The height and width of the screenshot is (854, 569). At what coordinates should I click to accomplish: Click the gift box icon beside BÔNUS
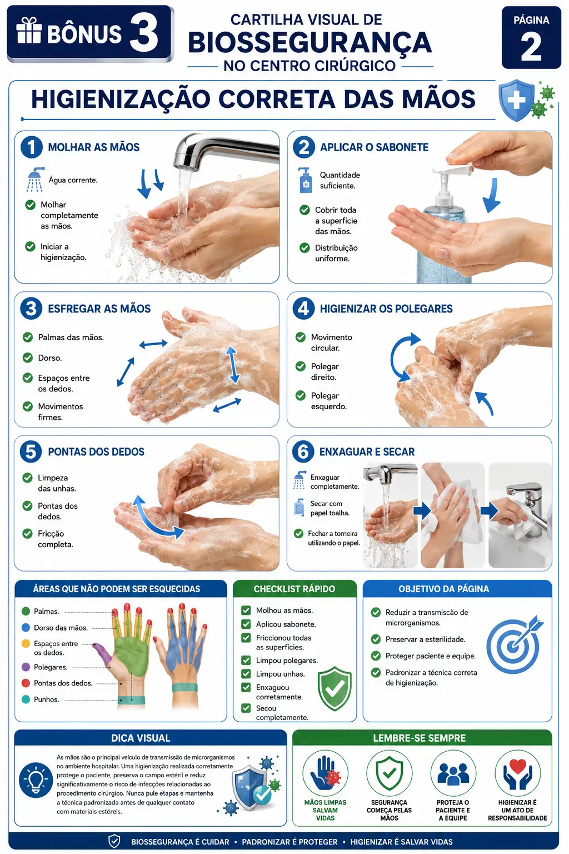pyautogui.click(x=29, y=30)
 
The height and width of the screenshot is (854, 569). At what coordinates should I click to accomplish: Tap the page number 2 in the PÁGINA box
pyautogui.click(x=531, y=47)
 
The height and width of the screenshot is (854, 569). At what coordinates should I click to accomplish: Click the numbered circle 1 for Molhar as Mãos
pyautogui.click(x=32, y=147)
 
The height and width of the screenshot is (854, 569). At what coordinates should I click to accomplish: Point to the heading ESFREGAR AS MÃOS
pyautogui.click(x=99, y=309)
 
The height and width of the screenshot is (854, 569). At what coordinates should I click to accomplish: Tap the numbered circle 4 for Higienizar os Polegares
pyautogui.click(x=303, y=309)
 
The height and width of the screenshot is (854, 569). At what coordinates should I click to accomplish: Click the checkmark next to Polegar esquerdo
pyautogui.click(x=300, y=395)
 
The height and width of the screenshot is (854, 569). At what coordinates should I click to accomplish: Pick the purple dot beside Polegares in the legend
pyautogui.click(x=26, y=667)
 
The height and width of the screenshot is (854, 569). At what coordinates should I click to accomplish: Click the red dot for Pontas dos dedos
pyautogui.click(x=26, y=683)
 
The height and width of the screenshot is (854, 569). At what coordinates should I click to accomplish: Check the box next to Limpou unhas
pyautogui.click(x=246, y=674)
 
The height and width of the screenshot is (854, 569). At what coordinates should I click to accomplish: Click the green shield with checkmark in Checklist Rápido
pyautogui.click(x=335, y=688)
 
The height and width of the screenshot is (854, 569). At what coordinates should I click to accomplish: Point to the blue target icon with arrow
pyautogui.click(x=515, y=644)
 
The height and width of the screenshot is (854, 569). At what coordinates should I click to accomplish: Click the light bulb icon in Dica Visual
pyautogui.click(x=36, y=780)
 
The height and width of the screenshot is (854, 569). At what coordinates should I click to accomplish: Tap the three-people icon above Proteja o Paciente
pyautogui.click(x=453, y=774)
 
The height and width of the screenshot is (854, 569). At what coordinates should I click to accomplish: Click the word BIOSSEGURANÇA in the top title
pyautogui.click(x=310, y=42)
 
